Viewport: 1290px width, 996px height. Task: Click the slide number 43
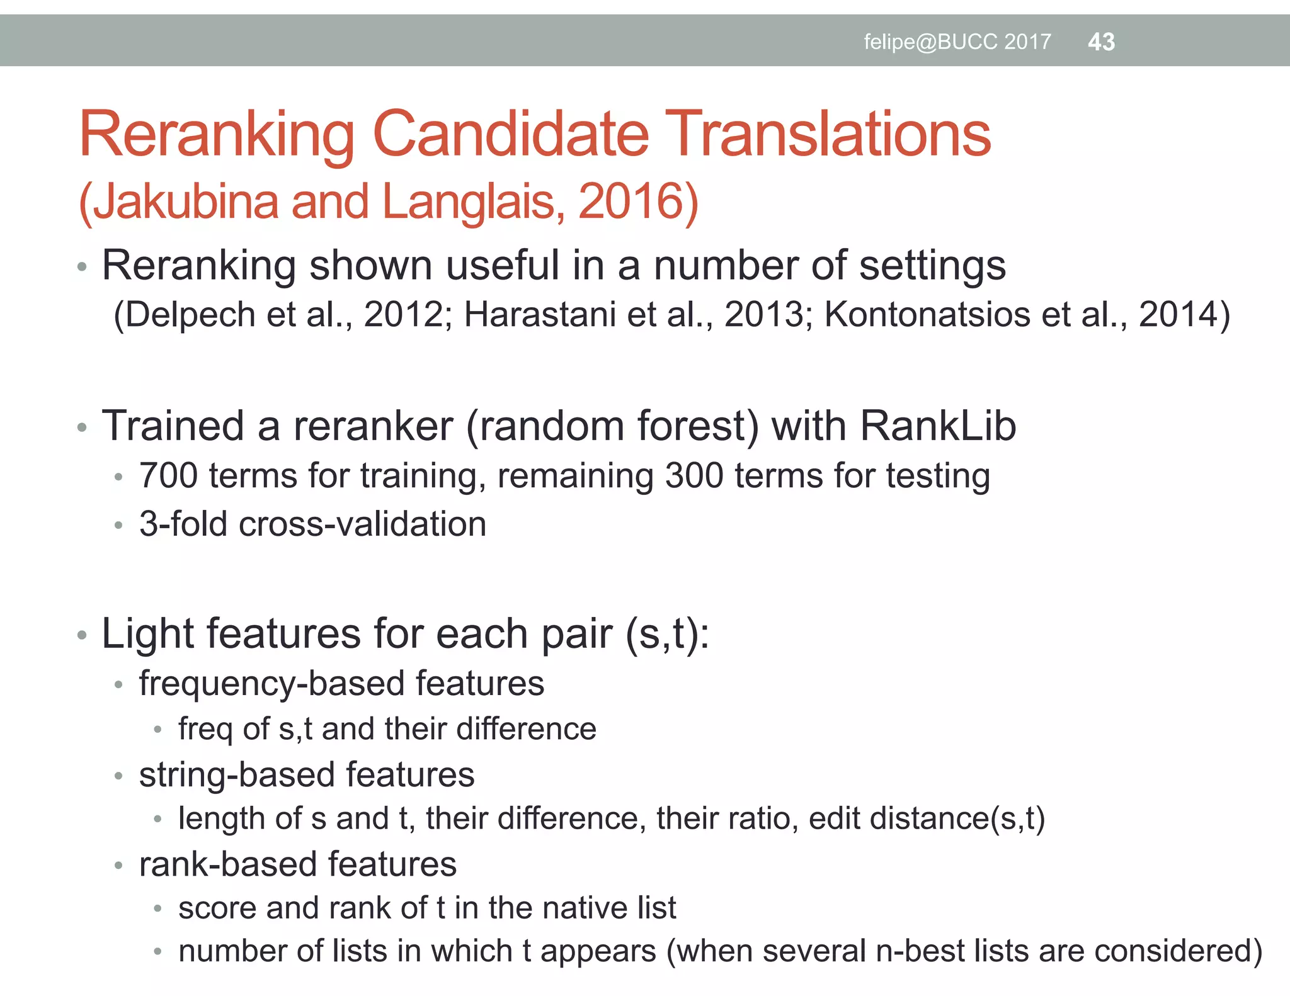1101,42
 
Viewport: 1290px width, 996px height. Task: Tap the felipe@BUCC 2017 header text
957,42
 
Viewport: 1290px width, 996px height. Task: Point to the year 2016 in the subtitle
631,202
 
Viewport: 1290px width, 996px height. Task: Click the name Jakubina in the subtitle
186,202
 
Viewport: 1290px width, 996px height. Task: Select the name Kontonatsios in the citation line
927,314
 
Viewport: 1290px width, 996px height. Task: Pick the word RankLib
938,426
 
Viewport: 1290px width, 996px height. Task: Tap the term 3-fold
183,524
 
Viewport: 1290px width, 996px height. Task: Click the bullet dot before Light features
81,635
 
